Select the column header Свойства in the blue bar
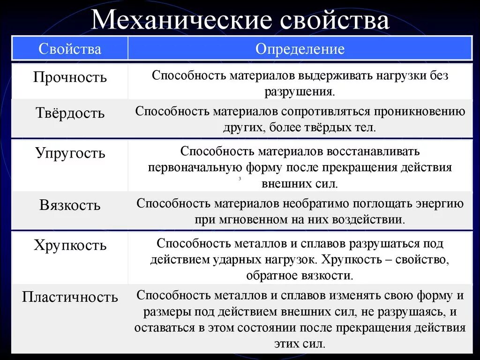[70, 49]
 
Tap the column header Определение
[300, 49]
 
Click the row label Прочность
[70, 77]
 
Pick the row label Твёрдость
[70, 113]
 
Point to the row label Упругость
[70, 153]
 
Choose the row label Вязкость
[70, 205]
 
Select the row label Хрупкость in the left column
[70, 245]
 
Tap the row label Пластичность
[70, 297]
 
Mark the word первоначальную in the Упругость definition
[195, 168]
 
